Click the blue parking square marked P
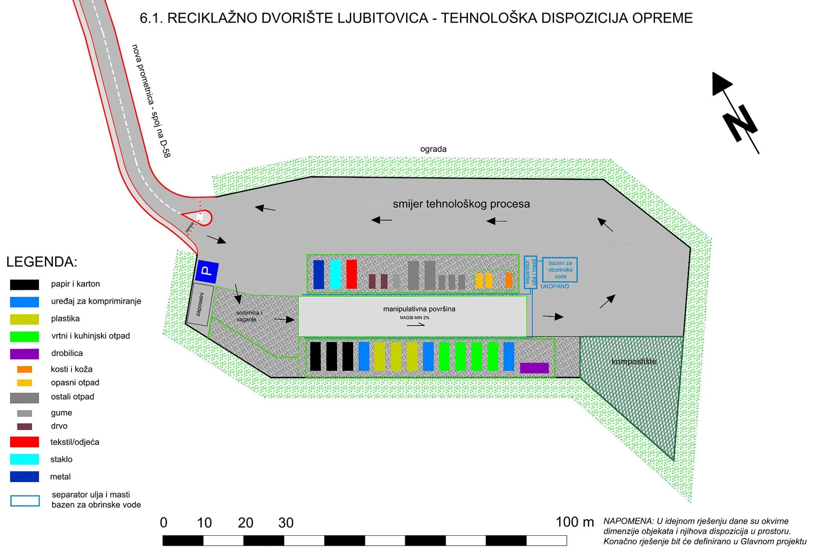[207, 271]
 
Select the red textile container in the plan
[351, 274]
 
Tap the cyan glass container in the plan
[335, 274]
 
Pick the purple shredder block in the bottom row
[534, 368]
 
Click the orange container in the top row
[509, 280]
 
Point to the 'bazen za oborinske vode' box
[560, 270]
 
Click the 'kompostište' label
[633, 361]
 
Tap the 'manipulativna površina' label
[419, 309]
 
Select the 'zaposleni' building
[201, 305]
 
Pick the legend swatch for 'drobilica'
[24, 354]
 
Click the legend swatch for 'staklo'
[24, 459]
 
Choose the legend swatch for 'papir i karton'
[24, 284]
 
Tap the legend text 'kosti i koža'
[72, 369]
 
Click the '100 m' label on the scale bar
[574, 522]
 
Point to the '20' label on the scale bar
[245, 523]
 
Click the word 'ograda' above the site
[433, 149]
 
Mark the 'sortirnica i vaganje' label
[248, 316]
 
